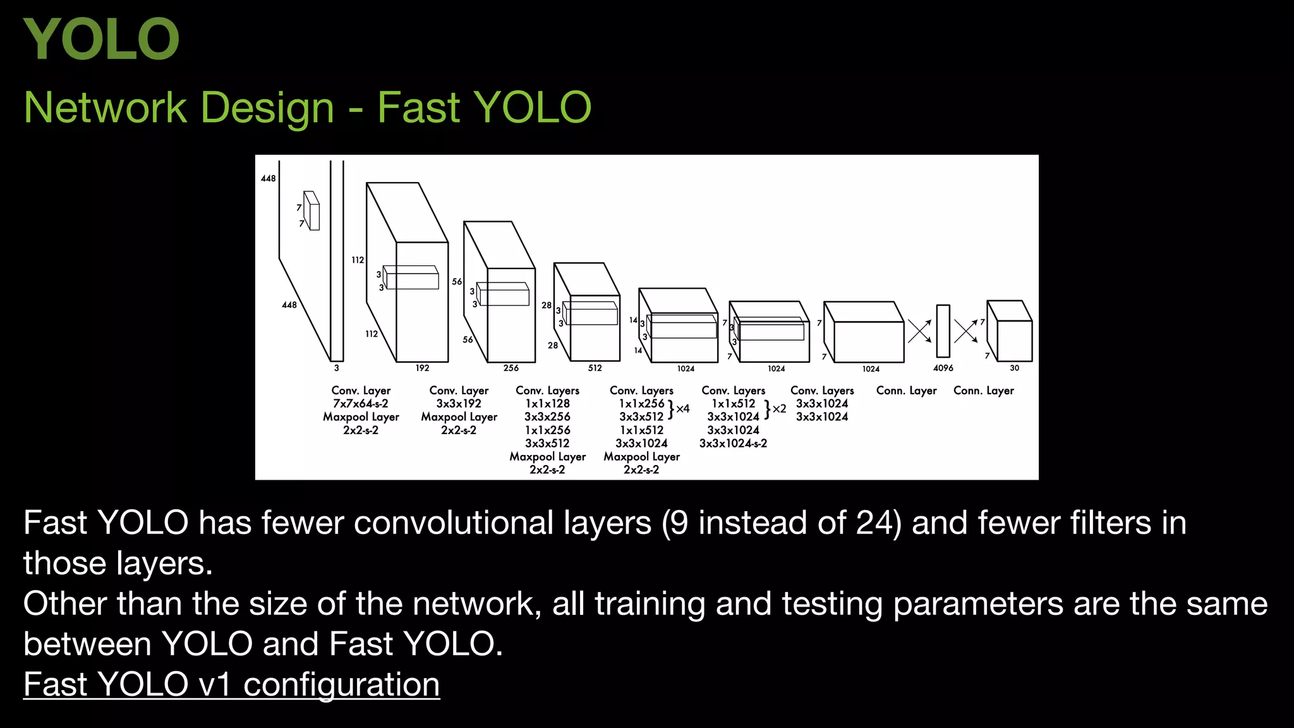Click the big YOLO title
click(101, 39)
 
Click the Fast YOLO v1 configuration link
click(231, 684)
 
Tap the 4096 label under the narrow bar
click(943, 368)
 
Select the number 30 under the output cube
click(1014, 368)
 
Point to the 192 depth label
click(422, 368)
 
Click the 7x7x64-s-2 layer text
click(361, 404)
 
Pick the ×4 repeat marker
click(682, 409)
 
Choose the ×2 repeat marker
click(779, 409)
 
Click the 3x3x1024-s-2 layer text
click(733, 444)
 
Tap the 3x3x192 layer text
click(459, 404)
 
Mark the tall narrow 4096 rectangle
click(943, 331)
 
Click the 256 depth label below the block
click(511, 368)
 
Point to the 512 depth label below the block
click(595, 368)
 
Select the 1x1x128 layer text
click(547, 404)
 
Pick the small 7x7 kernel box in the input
click(312, 211)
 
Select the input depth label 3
click(336, 368)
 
